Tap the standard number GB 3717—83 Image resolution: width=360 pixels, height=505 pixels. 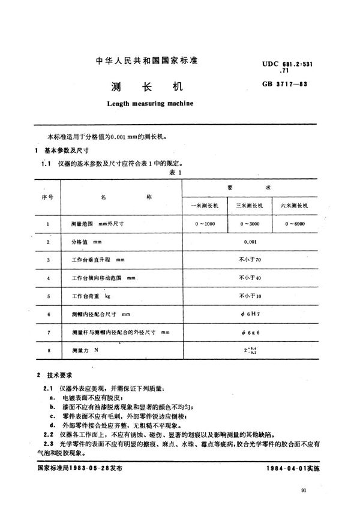(308, 83)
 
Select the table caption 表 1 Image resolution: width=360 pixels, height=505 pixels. (176, 172)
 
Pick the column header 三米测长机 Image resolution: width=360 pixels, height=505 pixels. (249, 206)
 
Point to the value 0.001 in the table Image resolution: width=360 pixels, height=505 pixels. (249, 242)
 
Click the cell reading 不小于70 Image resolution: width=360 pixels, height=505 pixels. (249, 260)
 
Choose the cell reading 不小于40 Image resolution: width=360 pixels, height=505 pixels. (249, 278)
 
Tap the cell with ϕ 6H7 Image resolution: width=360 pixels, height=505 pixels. (249, 313)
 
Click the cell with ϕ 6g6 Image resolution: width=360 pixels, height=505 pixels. (249, 331)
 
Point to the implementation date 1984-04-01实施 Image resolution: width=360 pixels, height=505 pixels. (296, 467)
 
